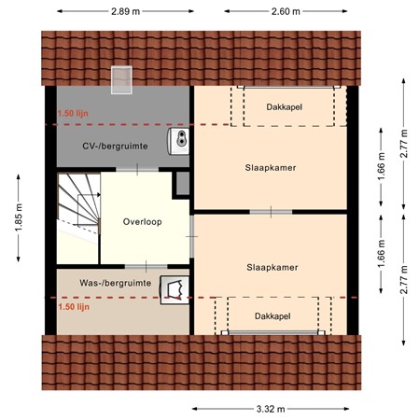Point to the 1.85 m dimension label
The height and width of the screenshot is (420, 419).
[x=18, y=219]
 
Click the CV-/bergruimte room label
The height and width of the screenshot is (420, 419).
[x=115, y=146]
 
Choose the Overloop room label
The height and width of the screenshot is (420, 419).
[x=143, y=222]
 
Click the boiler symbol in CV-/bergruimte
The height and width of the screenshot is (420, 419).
[x=179, y=140]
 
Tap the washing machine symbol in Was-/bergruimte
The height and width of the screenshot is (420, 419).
[x=172, y=289]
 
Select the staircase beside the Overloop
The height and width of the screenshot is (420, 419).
[x=77, y=217]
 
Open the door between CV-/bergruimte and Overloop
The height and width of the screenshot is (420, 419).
[x=135, y=169]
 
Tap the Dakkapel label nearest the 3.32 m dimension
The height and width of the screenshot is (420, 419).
[x=272, y=316]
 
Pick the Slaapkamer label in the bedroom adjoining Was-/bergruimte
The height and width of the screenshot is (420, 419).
[x=272, y=267]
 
